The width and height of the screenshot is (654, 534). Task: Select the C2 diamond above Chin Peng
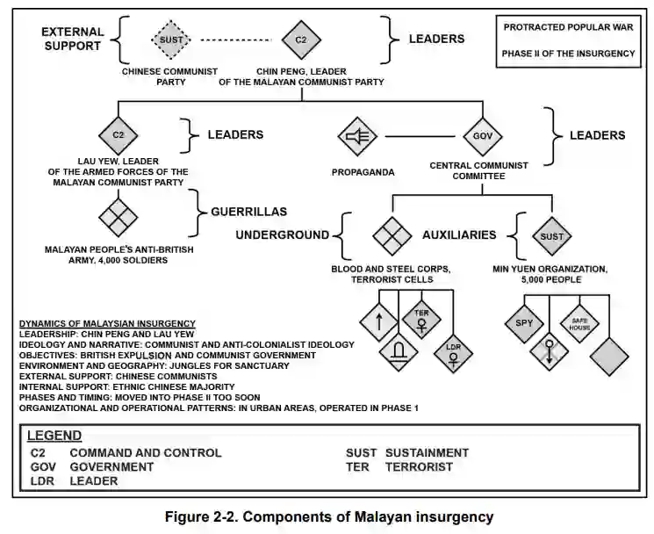tap(300, 40)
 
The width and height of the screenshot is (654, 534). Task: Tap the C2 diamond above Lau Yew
tap(119, 136)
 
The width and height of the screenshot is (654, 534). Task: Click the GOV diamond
tap(482, 137)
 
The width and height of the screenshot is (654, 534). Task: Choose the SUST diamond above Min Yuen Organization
tap(551, 236)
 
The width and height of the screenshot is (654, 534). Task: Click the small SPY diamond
tap(524, 322)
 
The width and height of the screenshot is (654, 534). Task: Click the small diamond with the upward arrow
tap(378, 321)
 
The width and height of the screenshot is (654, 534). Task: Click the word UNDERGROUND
tap(281, 235)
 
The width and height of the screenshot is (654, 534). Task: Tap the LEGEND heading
tap(54, 435)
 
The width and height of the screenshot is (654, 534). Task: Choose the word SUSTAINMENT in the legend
tap(427, 453)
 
